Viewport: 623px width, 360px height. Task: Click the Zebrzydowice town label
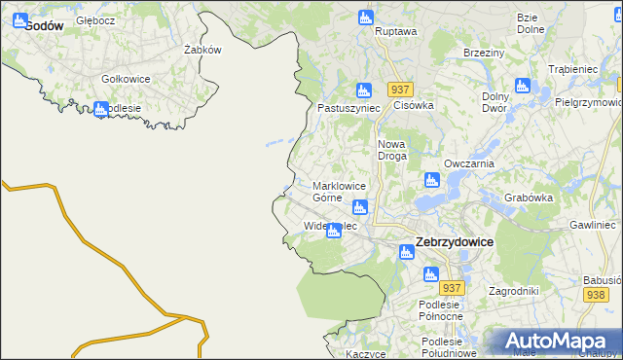tap(454, 241)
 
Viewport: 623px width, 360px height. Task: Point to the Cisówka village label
tap(412, 105)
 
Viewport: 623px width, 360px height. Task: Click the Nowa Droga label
tap(391, 150)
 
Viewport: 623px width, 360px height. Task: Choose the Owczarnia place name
tap(469, 163)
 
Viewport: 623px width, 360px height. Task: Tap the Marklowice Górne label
tap(339, 192)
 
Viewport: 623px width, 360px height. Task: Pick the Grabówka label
tap(529, 198)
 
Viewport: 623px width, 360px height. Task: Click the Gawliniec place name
tap(594, 225)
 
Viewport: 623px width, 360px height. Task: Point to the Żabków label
tap(203, 50)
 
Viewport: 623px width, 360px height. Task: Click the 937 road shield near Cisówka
tap(401, 89)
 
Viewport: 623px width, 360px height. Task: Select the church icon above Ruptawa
tap(365, 17)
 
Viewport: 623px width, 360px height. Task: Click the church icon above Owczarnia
tap(431, 180)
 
